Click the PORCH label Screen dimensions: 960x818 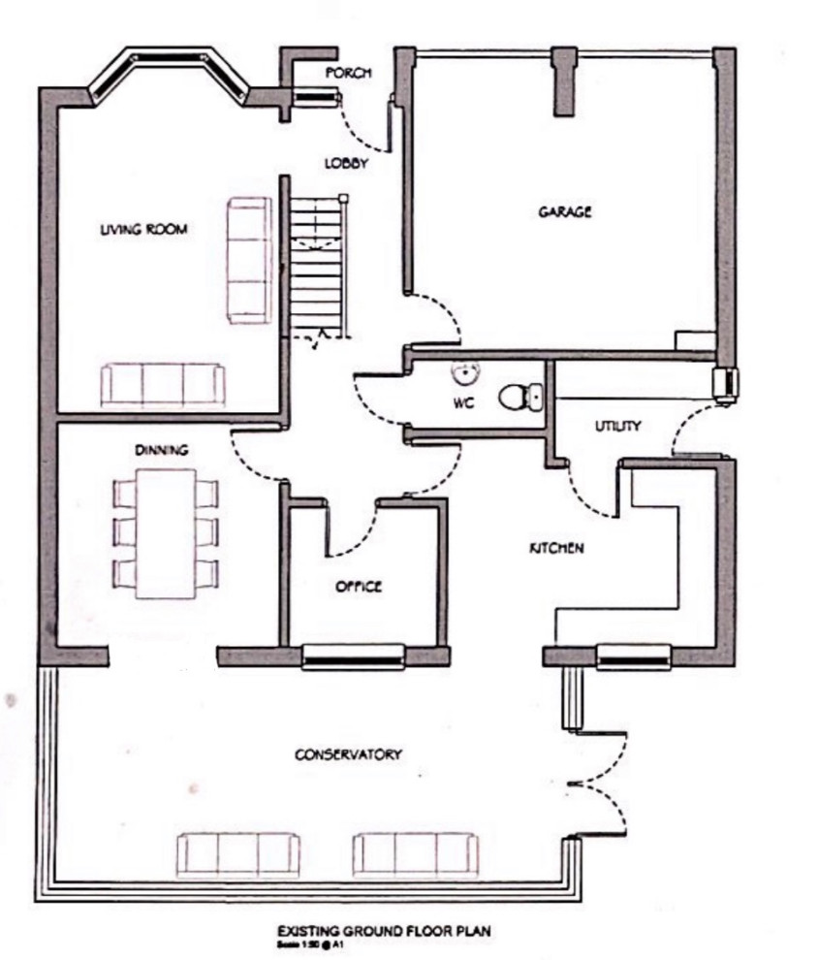pyautogui.click(x=348, y=74)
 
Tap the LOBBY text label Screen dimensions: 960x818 pyautogui.click(x=346, y=164)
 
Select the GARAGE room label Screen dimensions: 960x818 pyautogui.click(x=565, y=211)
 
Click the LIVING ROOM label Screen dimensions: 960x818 pyautogui.click(x=144, y=230)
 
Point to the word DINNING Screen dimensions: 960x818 pyautogui.click(x=161, y=450)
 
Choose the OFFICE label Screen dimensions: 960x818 pyautogui.click(x=359, y=587)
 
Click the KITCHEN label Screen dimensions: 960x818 pyautogui.click(x=555, y=549)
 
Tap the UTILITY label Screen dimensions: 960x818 pyautogui.click(x=617, y=426)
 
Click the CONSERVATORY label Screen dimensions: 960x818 pyautogui.click(x=348, y=754)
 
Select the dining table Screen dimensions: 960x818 pyautogui.click(x=166, y=533)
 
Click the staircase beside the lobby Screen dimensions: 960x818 pyautogui.click(x=318, y=266)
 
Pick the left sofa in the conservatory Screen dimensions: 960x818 pyautogui.click(x=237, y=854)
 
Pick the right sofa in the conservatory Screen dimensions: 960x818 pyautogui.click(x=415, y=854)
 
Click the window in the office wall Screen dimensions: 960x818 pyautogui.click(x=353, y=657)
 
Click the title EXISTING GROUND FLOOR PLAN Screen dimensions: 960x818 pyautogui.click(x=382, y=931)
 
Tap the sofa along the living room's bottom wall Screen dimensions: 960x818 pyautogui.click(x=163, y=385)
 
